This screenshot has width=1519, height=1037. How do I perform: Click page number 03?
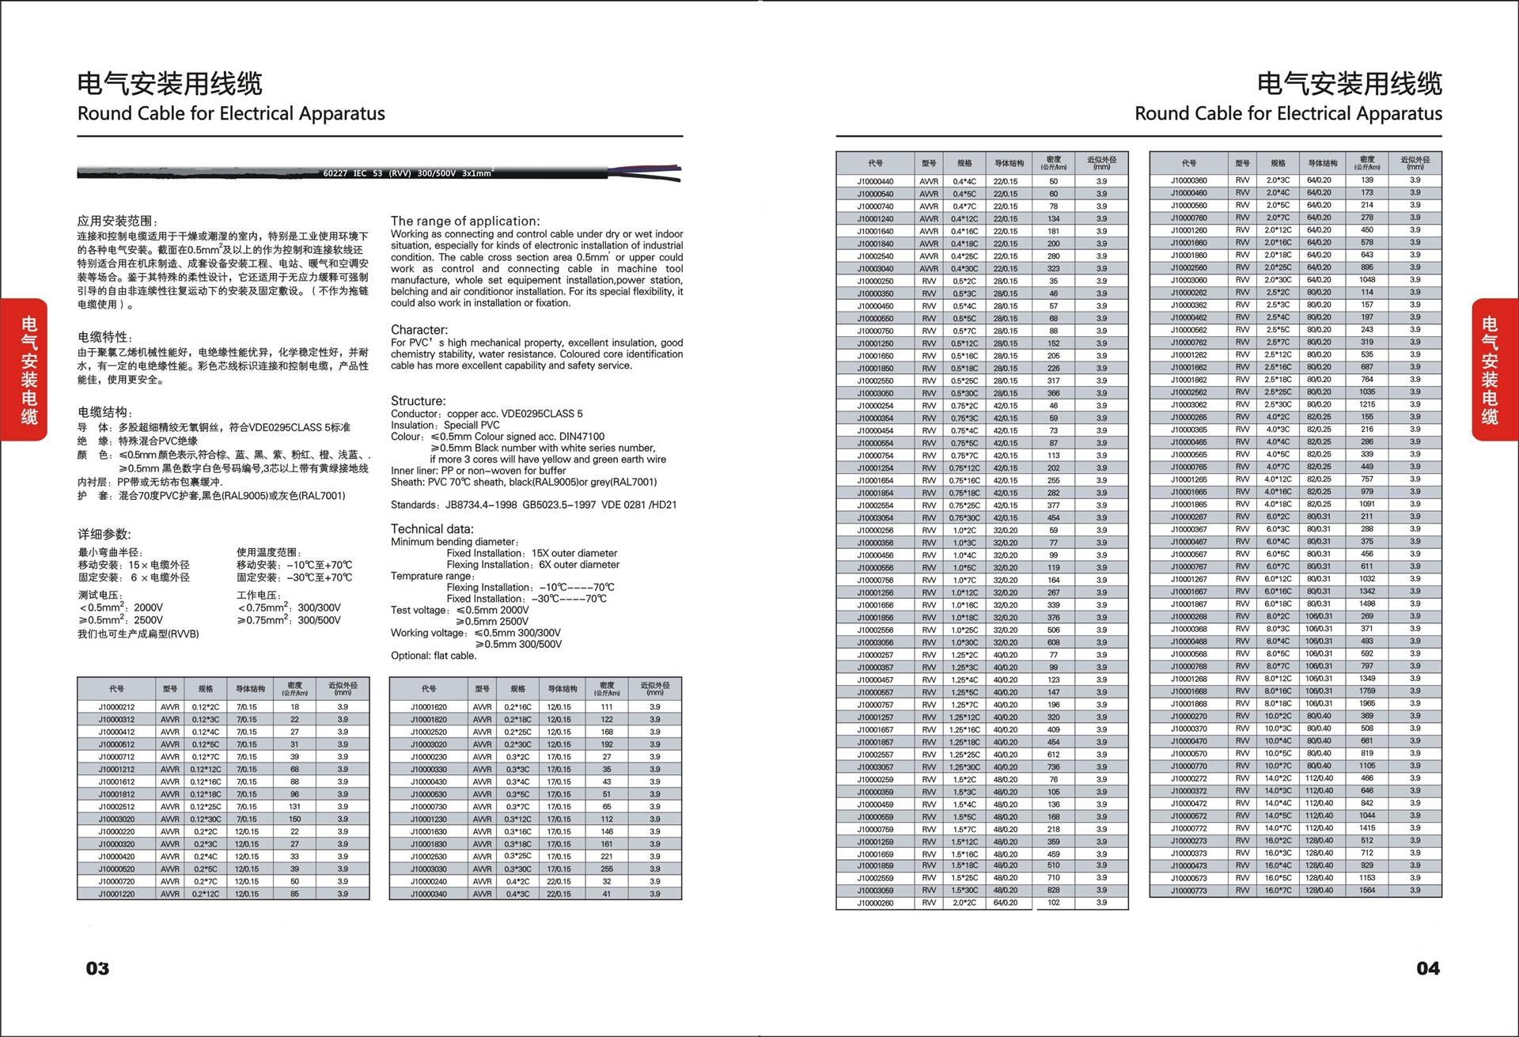97,968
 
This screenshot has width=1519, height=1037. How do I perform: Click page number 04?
1427,968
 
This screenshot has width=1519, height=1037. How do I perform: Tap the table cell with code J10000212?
116,707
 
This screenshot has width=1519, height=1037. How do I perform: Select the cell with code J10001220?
116,894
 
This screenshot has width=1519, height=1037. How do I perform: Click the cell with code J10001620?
428,707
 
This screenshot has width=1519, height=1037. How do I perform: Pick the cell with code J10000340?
428,894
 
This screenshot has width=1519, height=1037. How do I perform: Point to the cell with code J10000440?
875,181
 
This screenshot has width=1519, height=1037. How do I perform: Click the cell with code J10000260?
875,903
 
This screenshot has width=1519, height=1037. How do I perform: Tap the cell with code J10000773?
1188,891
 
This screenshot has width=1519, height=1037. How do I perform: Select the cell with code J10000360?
1188,180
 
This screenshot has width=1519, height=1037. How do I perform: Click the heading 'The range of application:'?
465,221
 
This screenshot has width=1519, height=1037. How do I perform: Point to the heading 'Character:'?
419,329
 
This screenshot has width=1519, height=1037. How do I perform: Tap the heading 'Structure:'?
418,400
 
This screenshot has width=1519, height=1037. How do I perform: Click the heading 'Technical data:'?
432,528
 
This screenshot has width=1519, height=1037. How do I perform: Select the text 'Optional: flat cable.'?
434,656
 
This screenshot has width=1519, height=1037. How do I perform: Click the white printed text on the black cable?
408,172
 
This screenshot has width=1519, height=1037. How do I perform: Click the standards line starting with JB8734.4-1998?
533,505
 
